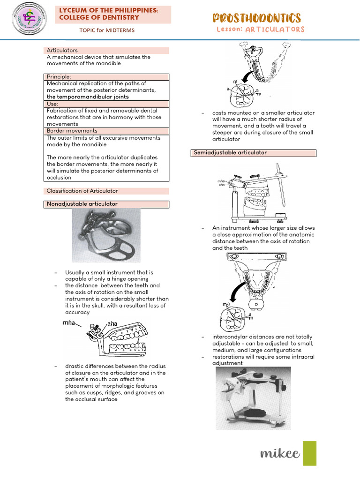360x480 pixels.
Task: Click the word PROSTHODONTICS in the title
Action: (x=256, y=18)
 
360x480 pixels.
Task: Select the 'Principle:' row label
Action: (x=59, y=77)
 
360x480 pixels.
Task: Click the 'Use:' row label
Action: (x=52, y=103)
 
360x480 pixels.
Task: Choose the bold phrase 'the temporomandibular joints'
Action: (x=88, y=97)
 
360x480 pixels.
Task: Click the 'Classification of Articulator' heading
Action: (x=82, y=191)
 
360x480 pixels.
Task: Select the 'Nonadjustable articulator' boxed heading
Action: (x=82, y=204)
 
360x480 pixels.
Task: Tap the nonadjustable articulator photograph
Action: (x=105, y=235)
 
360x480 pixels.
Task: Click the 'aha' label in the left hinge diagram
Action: (x=112, y=323)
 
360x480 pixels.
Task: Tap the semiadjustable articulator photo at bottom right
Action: (x=253, y=398)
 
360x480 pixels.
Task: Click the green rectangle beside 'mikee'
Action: (x=309, y=453)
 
